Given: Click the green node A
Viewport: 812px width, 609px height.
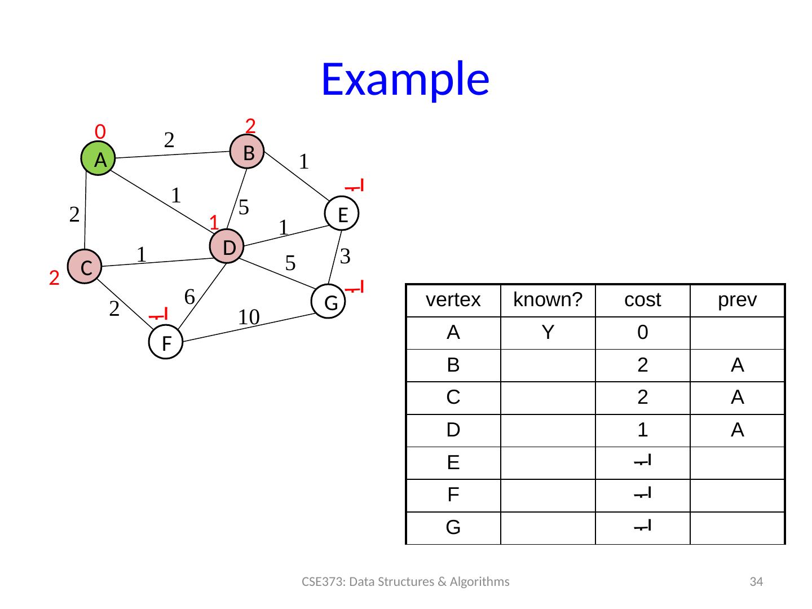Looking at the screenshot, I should [99, 160].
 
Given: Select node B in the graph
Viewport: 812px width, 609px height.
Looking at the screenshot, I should [248, 152].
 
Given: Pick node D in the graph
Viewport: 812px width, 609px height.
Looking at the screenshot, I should [227, 247].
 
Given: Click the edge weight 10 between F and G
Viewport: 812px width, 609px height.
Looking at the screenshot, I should [248, 317].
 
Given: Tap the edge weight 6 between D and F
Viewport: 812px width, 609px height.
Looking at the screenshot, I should [189, 295].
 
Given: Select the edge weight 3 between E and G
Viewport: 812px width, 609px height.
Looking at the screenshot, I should [346, 257].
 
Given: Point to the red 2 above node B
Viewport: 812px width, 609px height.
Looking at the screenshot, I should [251, 124].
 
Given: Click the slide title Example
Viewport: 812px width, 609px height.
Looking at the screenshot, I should [405, 78].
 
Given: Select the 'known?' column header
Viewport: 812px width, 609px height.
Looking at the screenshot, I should [548, 301].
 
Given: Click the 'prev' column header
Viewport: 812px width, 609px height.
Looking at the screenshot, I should [737, 301].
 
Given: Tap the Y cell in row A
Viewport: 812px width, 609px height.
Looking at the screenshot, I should [548, 333].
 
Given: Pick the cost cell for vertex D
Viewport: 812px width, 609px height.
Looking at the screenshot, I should [642, 431].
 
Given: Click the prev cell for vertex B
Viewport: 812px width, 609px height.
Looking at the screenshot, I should [737, 366].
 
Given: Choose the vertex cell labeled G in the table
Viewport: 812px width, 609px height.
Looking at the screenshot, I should [453, 528].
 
